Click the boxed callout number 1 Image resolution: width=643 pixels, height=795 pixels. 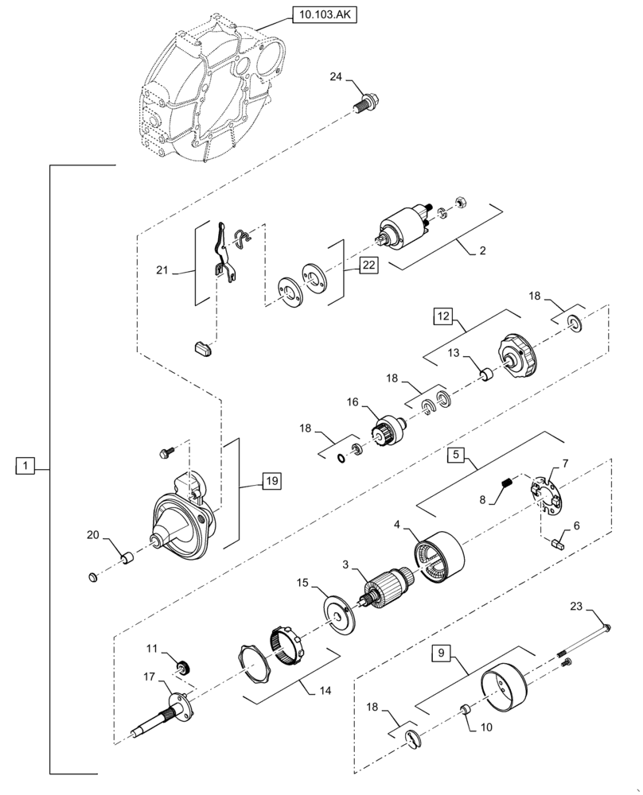point(25,466)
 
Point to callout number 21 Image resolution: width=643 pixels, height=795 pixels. point(163,271)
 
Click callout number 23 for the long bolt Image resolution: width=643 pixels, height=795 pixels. point(576,607)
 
